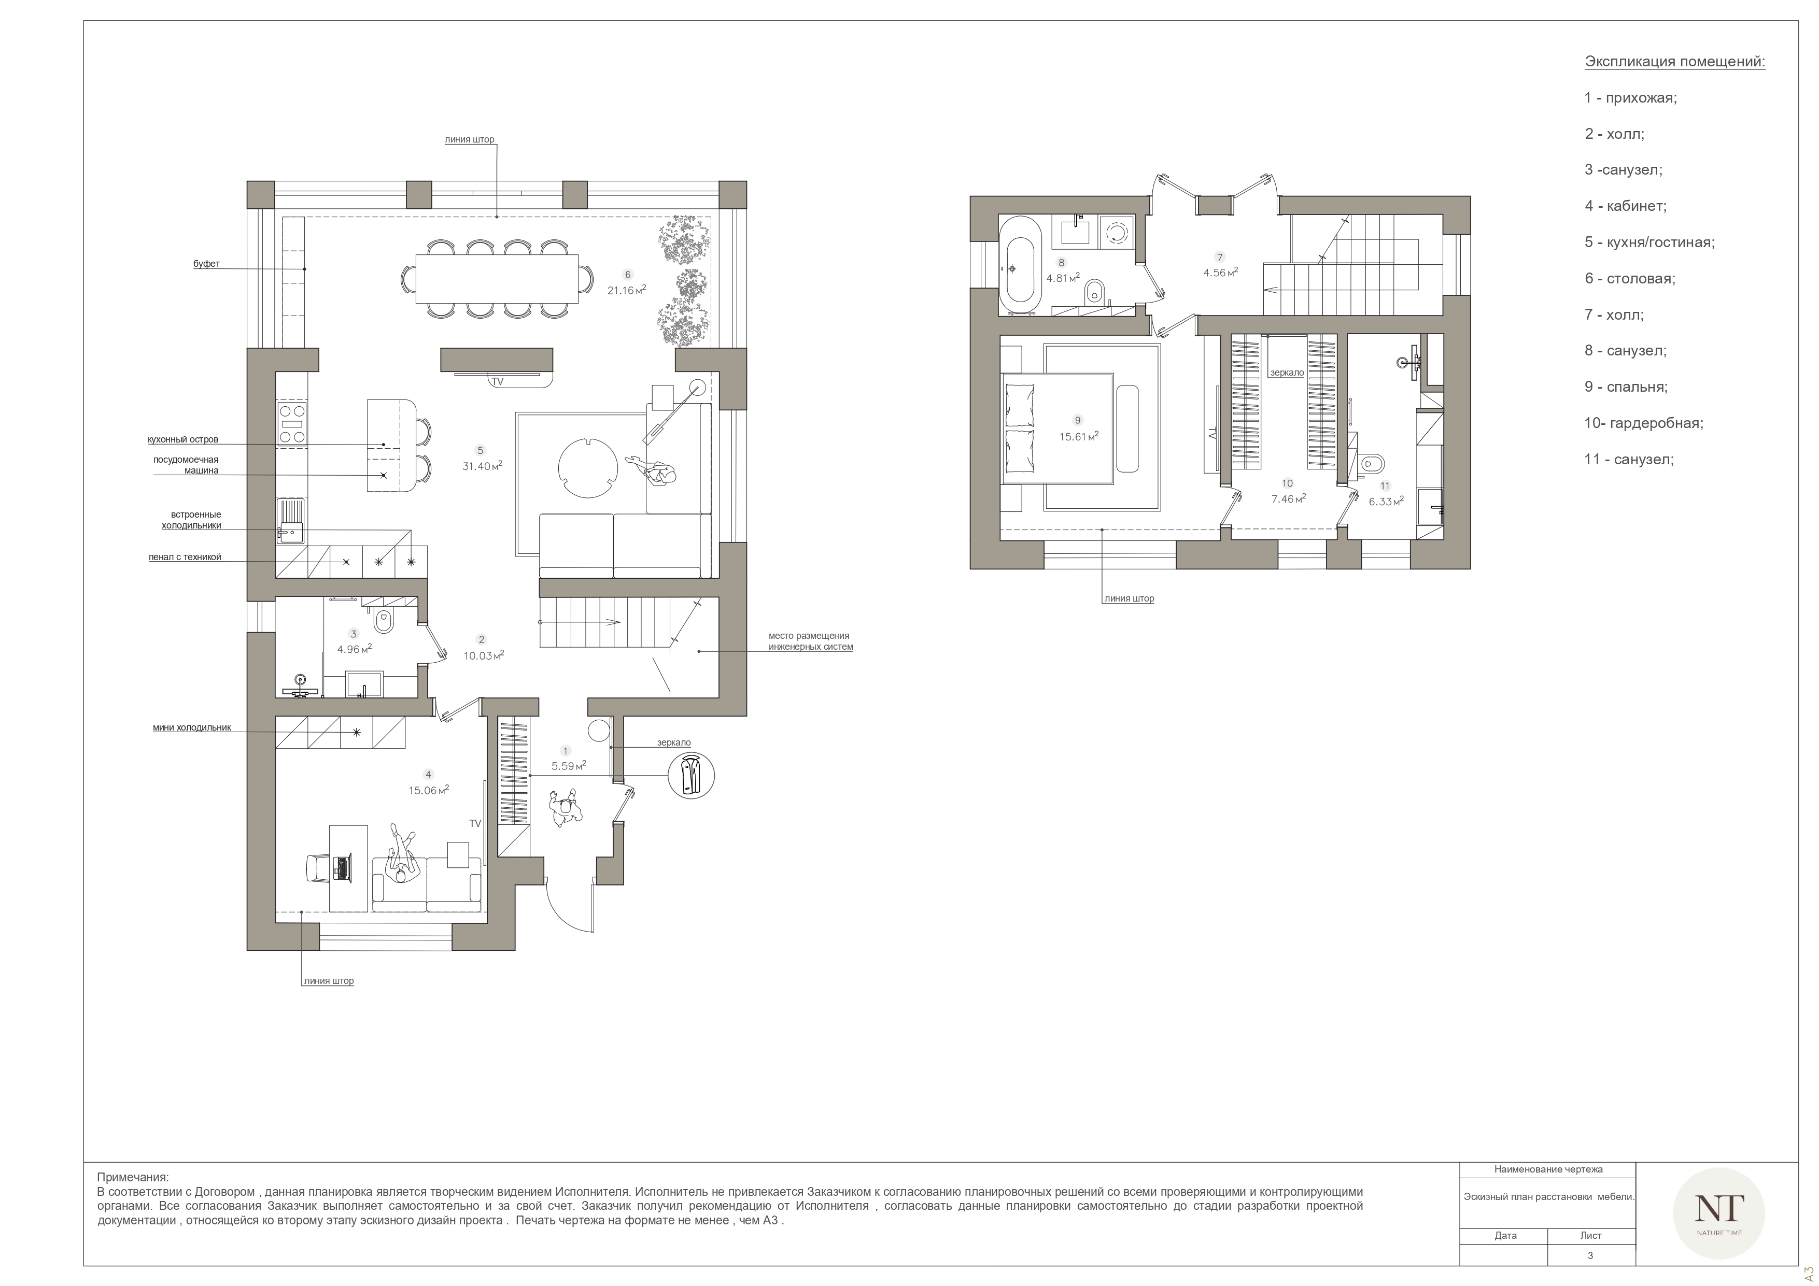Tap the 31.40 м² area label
483,466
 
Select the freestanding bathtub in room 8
1019,263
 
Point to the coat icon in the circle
691,775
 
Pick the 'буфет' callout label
207,264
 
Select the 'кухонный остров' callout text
183,439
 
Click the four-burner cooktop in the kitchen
291,424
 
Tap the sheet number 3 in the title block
1590,1255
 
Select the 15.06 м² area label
429,790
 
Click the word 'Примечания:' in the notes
133,1178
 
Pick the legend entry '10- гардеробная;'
1644,423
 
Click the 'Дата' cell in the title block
1505,1235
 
